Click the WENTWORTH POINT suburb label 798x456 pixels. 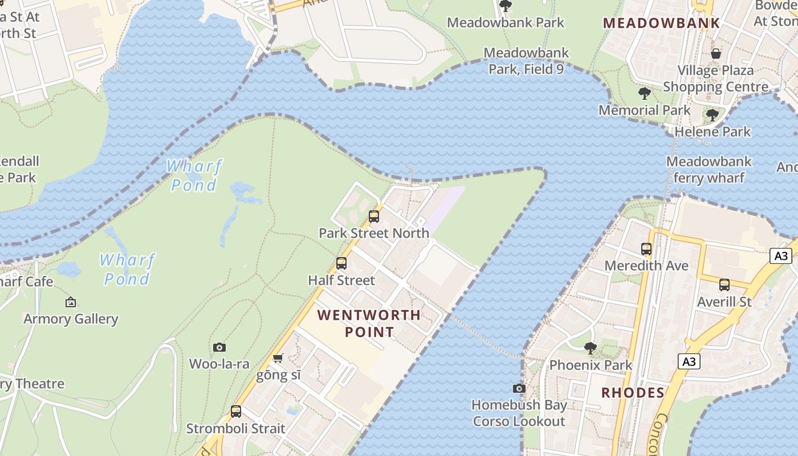(369, 323)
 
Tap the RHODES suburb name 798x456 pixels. (633, 392)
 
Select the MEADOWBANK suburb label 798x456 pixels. (661, 23)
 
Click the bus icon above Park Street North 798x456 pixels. (374, 217)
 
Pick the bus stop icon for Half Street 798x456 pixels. (341, 263)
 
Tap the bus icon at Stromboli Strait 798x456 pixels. (235, 412)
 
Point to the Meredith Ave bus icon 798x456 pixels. (646, 249)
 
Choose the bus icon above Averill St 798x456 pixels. (724, 285)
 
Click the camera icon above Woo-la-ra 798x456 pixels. (219, 347)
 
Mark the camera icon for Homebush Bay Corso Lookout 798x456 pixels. (519, 388)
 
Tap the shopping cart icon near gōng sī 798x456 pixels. (278, 358)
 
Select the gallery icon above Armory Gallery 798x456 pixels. (71, 302)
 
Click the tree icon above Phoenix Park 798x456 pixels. (591, 348)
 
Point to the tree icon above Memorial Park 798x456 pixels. (645, 93)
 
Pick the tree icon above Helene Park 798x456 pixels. (712, 115)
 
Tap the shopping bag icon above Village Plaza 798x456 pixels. (716, 54)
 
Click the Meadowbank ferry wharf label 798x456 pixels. (709, 169)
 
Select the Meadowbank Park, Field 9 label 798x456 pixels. (526, 61)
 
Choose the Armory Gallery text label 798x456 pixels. (71, 319)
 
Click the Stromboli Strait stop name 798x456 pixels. (235, 428)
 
